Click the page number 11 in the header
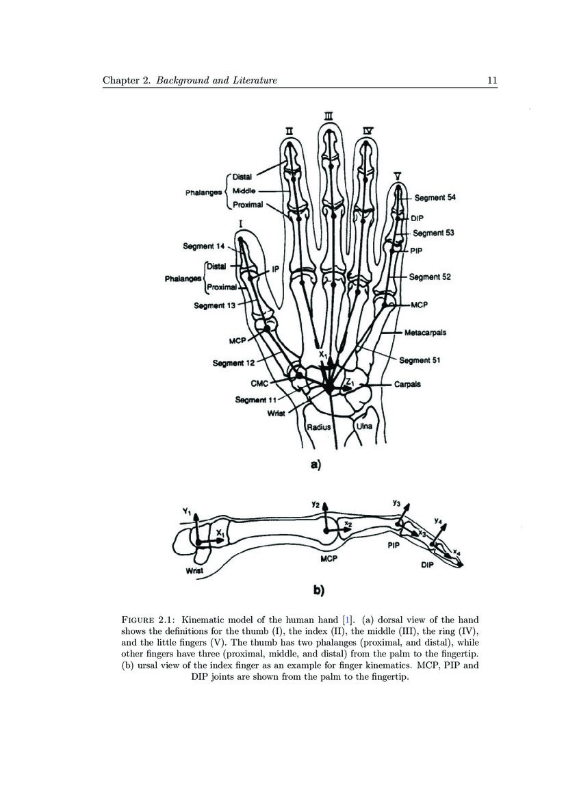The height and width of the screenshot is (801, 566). [491, 81]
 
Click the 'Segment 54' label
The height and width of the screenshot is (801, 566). [435, 197]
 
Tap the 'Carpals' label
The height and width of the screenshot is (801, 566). [407, 385]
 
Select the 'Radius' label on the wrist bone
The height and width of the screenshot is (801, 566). [318, 427]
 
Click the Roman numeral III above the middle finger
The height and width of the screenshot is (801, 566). [329, 118]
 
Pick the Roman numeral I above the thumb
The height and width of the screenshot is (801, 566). [241, 224]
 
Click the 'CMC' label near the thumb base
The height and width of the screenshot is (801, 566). [259, 384]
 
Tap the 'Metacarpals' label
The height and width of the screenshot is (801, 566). [425, 333]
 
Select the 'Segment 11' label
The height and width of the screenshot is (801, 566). [255, 399]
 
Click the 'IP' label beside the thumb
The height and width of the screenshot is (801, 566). [276, 270]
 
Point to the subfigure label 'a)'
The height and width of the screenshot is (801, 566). [315, 465]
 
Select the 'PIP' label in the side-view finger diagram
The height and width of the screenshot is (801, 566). [393, 546]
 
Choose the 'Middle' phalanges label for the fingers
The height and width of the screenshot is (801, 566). [244, 190]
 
